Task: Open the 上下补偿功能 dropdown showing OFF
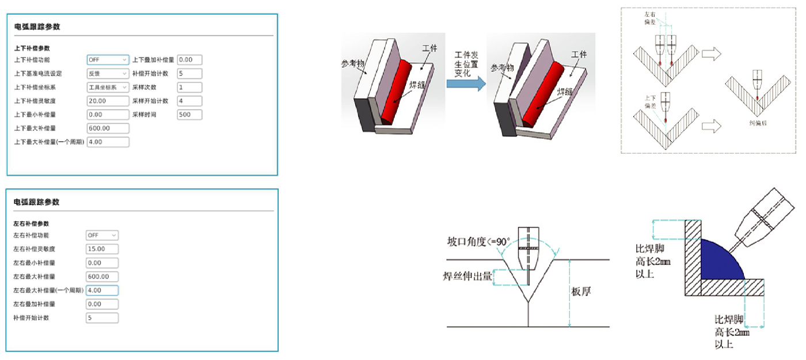108,59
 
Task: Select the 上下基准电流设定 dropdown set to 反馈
108,74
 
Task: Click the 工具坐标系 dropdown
108,88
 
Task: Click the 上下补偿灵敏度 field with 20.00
108,101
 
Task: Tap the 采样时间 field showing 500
189,115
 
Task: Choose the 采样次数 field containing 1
189,88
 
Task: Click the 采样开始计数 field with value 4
189,101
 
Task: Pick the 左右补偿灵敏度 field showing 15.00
102,249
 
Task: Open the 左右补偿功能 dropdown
102,235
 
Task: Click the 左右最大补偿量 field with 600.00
102,276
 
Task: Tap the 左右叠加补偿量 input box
102,304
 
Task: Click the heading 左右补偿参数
31,223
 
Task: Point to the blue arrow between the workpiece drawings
466,84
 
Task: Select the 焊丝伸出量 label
467,276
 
